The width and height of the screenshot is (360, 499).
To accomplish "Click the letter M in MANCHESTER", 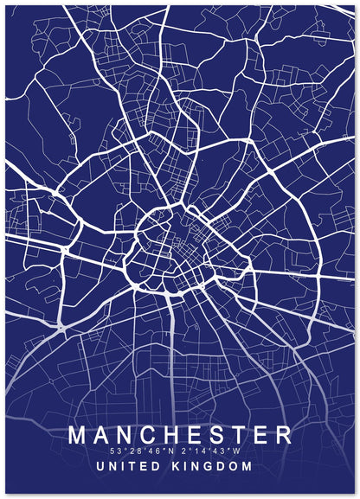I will (x=79, y=434).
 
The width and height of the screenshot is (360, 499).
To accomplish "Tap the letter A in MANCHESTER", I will (x=104, y=434).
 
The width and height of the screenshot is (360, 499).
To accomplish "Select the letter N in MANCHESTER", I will (x=126, y=434).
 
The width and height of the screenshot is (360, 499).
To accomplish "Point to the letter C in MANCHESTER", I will (x=150, y=434).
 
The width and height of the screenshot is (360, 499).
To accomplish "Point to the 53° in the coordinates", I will (x=118, y=451).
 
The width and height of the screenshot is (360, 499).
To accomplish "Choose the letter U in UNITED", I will (x=104, y=466).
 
